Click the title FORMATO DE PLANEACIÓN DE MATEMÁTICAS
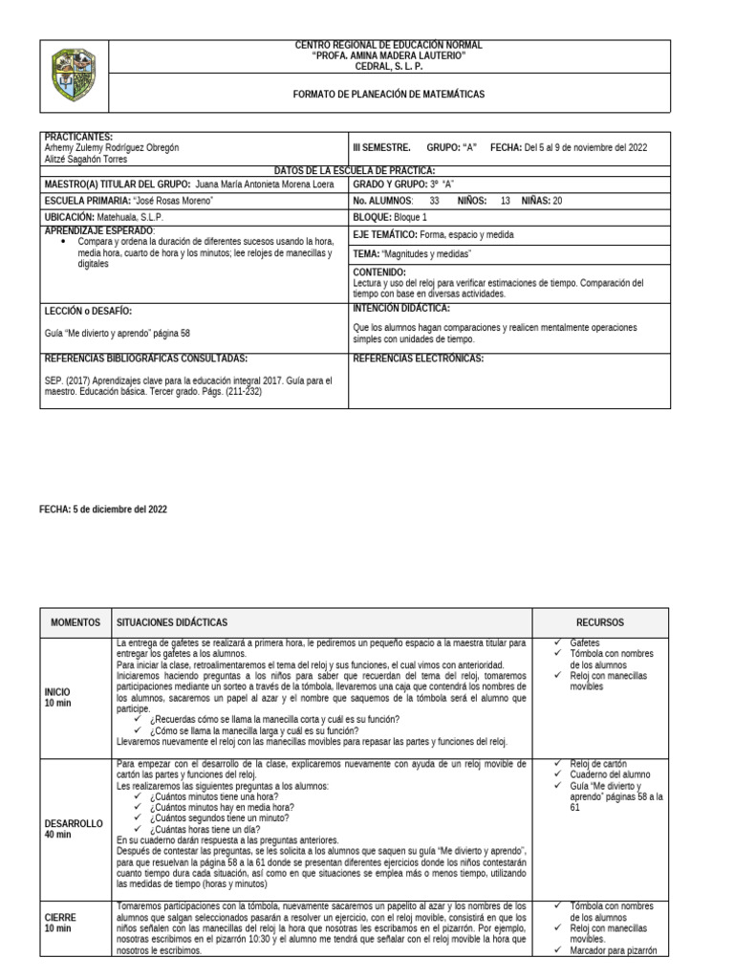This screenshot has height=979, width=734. [388, 95]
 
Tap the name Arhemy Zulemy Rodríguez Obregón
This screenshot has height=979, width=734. [112, 148]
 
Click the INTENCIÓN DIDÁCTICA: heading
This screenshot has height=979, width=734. [401, 308]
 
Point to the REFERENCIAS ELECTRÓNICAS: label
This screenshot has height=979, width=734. [419, 359]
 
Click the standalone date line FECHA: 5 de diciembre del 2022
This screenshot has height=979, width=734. [102, 510]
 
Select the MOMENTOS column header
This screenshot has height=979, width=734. [76, 621]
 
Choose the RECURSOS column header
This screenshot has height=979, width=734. [602, 621]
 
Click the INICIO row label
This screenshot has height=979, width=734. [57, 690]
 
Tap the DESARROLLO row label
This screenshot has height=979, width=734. [75, 823]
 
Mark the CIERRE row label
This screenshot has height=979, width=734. [59, 916]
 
